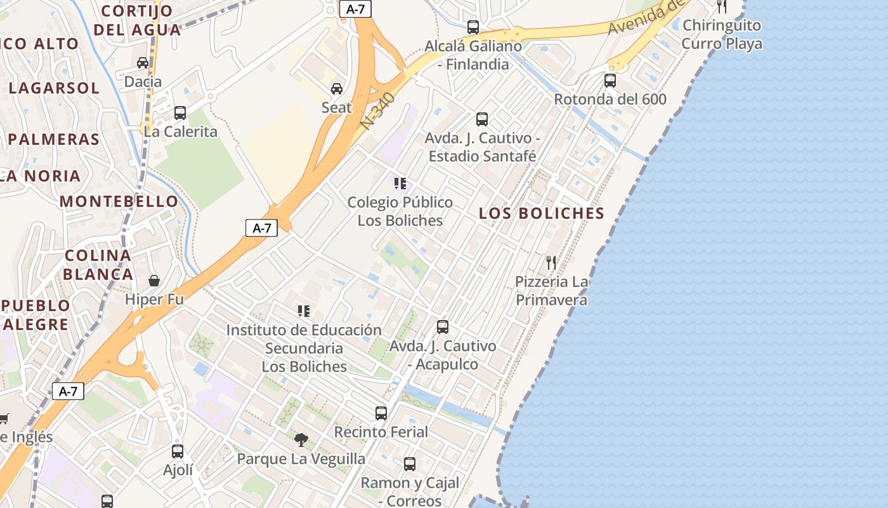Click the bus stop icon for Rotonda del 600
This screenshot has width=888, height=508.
coord(610,81)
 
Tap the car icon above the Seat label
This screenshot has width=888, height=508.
coord(337,88)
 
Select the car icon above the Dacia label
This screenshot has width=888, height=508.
coord(143,62)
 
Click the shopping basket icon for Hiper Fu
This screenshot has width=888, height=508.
coord(153,280)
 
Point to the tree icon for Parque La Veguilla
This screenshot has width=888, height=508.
coord(301,439)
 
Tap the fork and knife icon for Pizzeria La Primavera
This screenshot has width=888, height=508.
coord(551,262)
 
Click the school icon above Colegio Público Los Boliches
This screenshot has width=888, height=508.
coord(400,184)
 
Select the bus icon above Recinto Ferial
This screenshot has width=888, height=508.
coord(381,413)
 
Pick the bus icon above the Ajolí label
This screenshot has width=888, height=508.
coord(178,451)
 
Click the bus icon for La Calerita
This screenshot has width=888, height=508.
coord(180,113)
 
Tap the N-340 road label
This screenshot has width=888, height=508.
coord(379,112)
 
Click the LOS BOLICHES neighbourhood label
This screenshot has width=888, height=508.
coord(542,213)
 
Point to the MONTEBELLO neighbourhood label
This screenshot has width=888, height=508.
coord(119,201)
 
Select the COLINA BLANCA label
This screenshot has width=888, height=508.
coord(99,265)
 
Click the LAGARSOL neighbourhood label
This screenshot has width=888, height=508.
coord(55,88)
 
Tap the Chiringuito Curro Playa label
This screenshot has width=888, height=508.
coord(722,34)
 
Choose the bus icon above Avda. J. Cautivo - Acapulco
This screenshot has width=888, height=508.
coord(443,327)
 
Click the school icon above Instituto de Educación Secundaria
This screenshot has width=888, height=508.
coord(304,311)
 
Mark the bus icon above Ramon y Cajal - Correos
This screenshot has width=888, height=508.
coord(410,464)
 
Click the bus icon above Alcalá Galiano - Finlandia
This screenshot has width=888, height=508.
coord(473,27)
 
